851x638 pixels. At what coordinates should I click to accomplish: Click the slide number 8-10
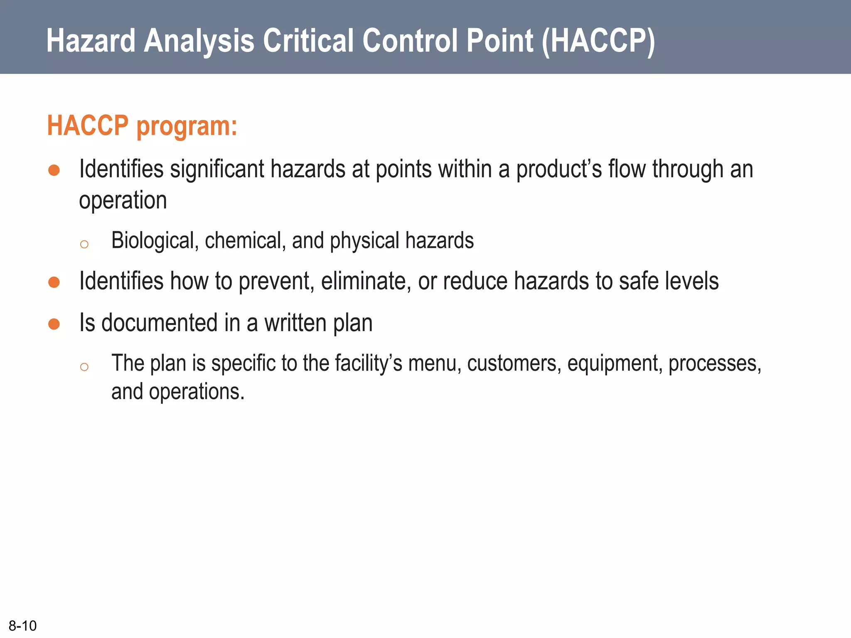point(23,626)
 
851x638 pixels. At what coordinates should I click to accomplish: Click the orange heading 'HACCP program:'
point(142,126)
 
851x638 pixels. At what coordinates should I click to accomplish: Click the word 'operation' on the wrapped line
point(123,201)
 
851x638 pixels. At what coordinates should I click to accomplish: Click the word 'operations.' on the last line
point(197,392)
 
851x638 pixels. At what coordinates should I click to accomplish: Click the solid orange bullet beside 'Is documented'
point(54,324)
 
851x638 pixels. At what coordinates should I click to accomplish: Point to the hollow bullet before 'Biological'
point(84,244)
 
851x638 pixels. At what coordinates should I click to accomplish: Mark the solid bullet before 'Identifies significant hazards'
point(54,170)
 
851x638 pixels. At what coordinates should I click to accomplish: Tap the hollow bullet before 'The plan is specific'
point(84,367)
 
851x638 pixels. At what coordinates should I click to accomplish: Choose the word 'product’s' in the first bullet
point(559,169)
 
